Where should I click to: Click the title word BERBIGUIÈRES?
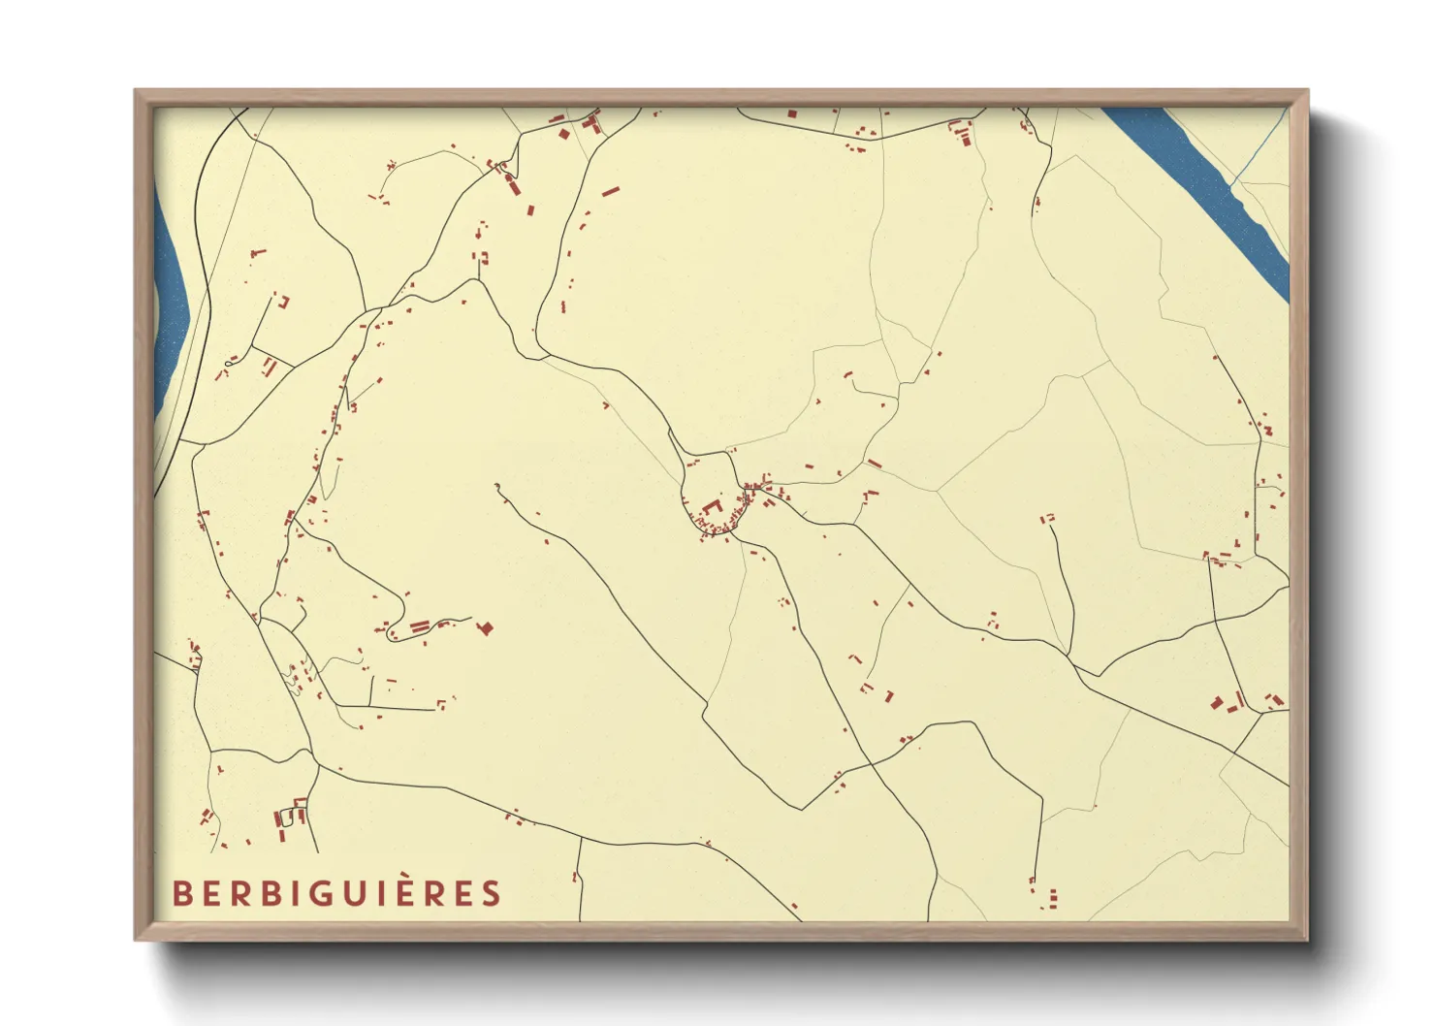coord(336,893)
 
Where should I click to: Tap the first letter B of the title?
coord(180,893)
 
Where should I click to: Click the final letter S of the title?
coord(493,893)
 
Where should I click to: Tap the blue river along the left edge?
coord(170,291)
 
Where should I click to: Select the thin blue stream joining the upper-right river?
coord(1260,145)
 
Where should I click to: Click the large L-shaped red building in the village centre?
coord(713,508)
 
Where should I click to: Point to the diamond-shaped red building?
coord(486,628)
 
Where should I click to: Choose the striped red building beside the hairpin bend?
coord(420,627)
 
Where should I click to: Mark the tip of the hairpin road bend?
coord(389,635)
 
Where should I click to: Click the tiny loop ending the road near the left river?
coord(228,365)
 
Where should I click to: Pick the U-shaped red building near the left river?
coord(283,301)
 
